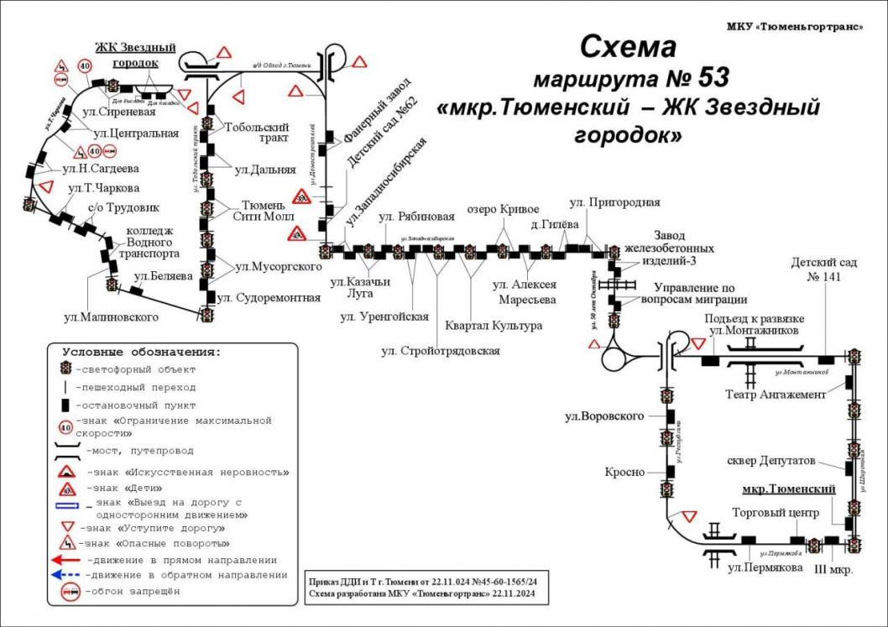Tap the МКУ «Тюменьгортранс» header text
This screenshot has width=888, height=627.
coord(794,27)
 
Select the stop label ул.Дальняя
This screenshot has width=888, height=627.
coord(265,170)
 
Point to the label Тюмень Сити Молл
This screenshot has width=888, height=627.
coord(264,211)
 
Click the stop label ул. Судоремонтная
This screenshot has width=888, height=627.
coord(269,297)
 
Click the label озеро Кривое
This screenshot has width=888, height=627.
coord(501,209)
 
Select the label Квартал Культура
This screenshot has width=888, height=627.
coord(494,325)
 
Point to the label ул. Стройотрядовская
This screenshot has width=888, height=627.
coord(440,350)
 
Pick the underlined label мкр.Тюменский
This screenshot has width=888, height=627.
coord(789,489)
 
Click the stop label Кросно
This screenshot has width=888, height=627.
coord(624,473)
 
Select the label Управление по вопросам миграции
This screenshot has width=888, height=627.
coord(693,294)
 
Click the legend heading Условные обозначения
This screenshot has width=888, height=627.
coord(142,352)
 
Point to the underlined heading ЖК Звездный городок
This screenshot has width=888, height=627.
coord(134,55)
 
